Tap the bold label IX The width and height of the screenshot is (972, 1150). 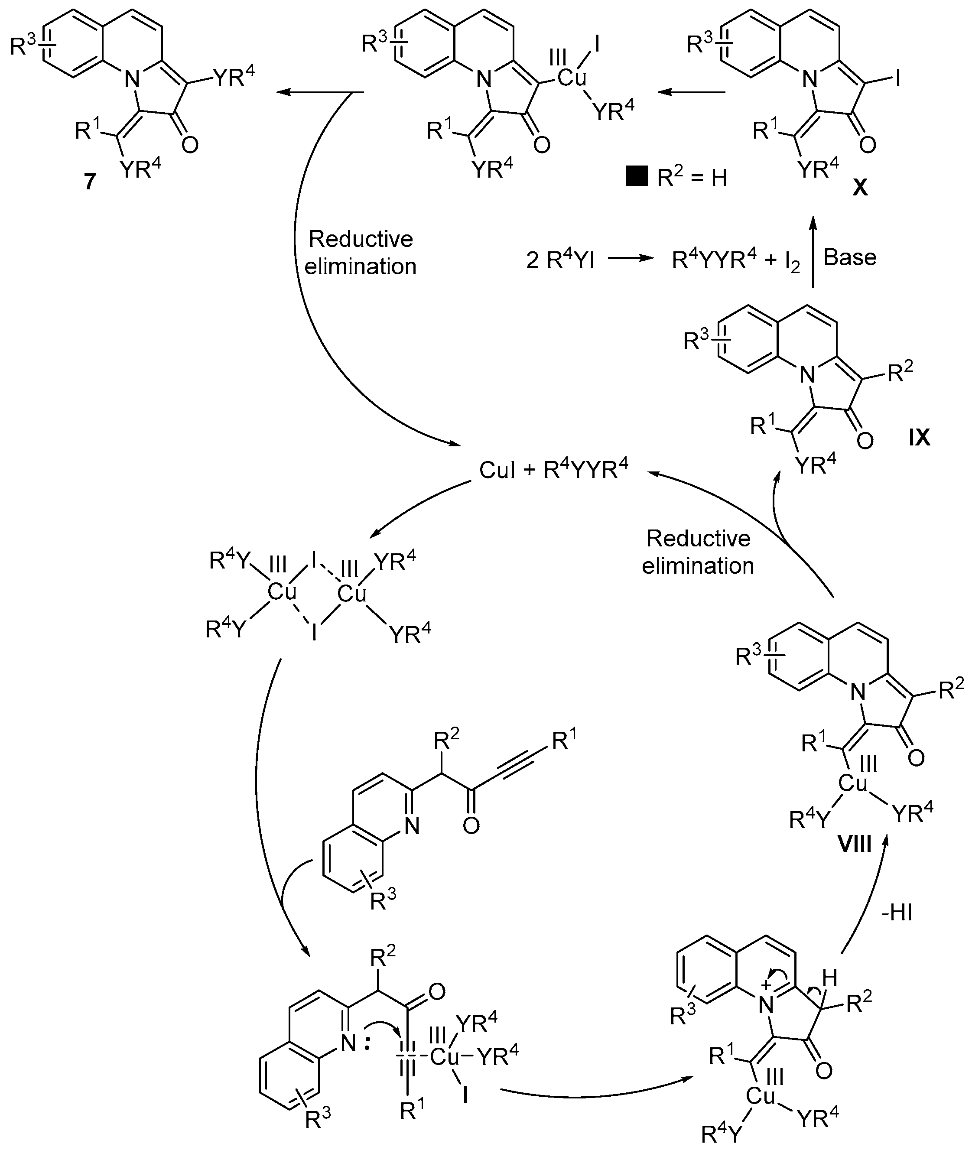[920, 438]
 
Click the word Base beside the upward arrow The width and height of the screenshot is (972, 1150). [850, 257]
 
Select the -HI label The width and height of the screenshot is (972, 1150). [897, 913]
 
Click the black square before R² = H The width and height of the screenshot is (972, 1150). [637, 178]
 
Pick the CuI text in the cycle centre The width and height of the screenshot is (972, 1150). [497, 470]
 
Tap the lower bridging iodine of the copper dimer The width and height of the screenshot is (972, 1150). [314, 634]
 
